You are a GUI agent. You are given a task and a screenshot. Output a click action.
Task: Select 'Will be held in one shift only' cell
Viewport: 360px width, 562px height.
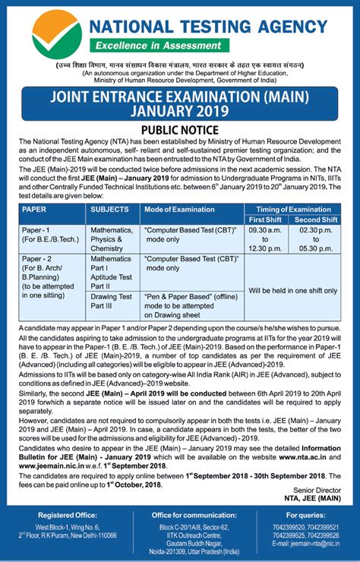(x=292, y=290)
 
